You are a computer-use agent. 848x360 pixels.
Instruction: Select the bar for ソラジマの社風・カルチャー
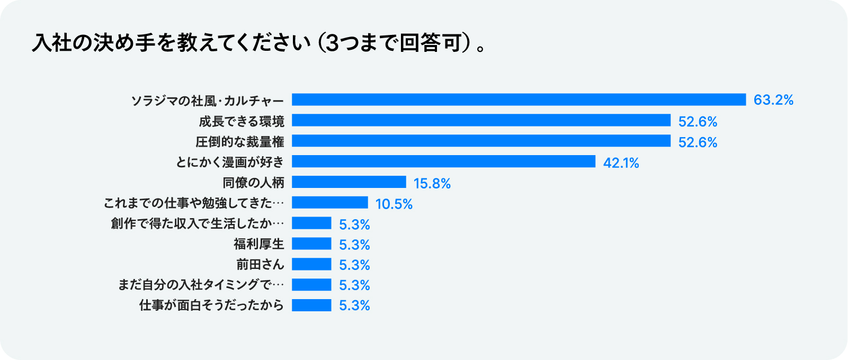pyautogui.click(x=519, y=100)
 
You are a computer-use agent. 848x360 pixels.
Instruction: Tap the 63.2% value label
pyautogui.click(x=773, y=100)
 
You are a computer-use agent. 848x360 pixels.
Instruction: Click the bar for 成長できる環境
pyautogui.click(x=481, y=121)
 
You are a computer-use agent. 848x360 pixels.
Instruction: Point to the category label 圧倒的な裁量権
pyautogui.click(x=240, y=142)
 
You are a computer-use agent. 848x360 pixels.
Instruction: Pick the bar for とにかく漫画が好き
pyautogui.click(x=443, y=161)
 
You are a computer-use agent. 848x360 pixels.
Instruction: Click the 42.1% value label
pyautogui.click(x=621, y=163)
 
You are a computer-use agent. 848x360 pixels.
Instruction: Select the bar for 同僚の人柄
pyautogui.click(x=349, y=182)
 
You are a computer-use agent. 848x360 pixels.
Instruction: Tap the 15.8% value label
pyautogui.click(x=432, y=184)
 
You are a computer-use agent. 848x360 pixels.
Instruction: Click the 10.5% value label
pyautogui.click(x=394, y=204)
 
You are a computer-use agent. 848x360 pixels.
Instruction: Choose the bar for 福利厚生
pyautogui.click(x=311, y=244)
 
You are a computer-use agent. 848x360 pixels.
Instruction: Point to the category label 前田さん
pyautogui.click(x=260, y=264)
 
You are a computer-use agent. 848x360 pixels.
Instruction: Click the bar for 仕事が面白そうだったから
pyautogui.click(x=311, y=305)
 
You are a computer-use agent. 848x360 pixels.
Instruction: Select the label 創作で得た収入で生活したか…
pyautogui.click(x=198, y=223)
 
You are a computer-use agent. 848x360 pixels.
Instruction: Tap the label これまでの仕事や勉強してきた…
pyautogui.click(x=194, y=203)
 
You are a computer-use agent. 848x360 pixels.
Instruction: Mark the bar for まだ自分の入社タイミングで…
pyautogui.click(x=311, y=285)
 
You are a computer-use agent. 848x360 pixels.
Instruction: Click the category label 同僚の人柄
pyautogui.click(x=253, y=183)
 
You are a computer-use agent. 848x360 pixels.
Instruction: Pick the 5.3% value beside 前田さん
pyautogui.click(x=354, y=265)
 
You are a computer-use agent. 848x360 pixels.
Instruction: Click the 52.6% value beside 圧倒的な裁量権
pyautogui.click(x=698, y=142)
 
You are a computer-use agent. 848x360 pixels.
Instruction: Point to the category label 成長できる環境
pyautogui.click(x=242, y=121)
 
